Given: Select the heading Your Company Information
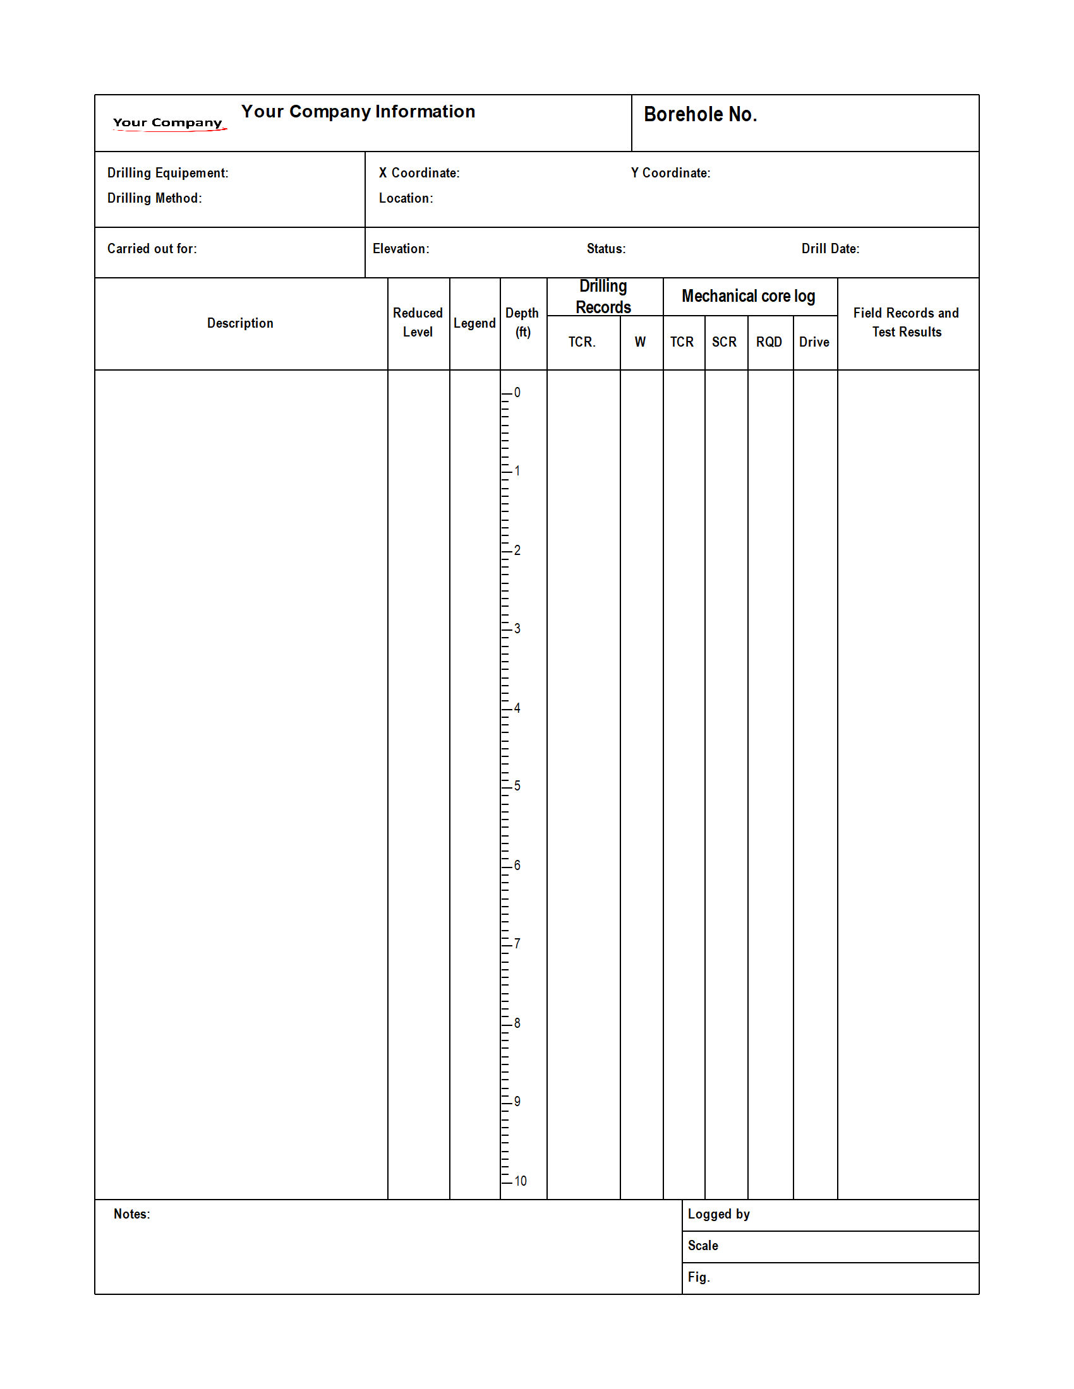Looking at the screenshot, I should (x=358, y=111).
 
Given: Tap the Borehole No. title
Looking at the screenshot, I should (x=700, y=114).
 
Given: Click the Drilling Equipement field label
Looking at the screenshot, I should (x=167, y=173).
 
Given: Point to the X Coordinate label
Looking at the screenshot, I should (x=419, y=173).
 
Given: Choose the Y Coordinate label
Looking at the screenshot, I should (x=670, y=173).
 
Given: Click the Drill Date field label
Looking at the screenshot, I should (x=830, y=249).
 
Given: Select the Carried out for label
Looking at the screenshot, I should (x=152, y=249).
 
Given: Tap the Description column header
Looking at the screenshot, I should (x=240, y=323).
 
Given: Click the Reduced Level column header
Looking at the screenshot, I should (x=418, y=323).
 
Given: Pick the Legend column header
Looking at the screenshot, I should (x=474, y=323).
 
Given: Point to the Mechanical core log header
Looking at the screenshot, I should (x=747, y=296).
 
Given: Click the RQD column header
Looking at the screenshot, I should (x=769, y=342).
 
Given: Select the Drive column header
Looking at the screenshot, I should (x=814, y=342).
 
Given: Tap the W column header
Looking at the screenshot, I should (x=640, y=342).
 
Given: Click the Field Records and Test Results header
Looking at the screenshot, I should (x=906, y=323).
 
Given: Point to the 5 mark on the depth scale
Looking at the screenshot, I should (x=517, y=786).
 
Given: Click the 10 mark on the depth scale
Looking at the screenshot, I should (x=520, y=1181).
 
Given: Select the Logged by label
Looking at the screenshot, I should (x=718, y=1214).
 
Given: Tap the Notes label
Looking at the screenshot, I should (x=131, y=1214).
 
